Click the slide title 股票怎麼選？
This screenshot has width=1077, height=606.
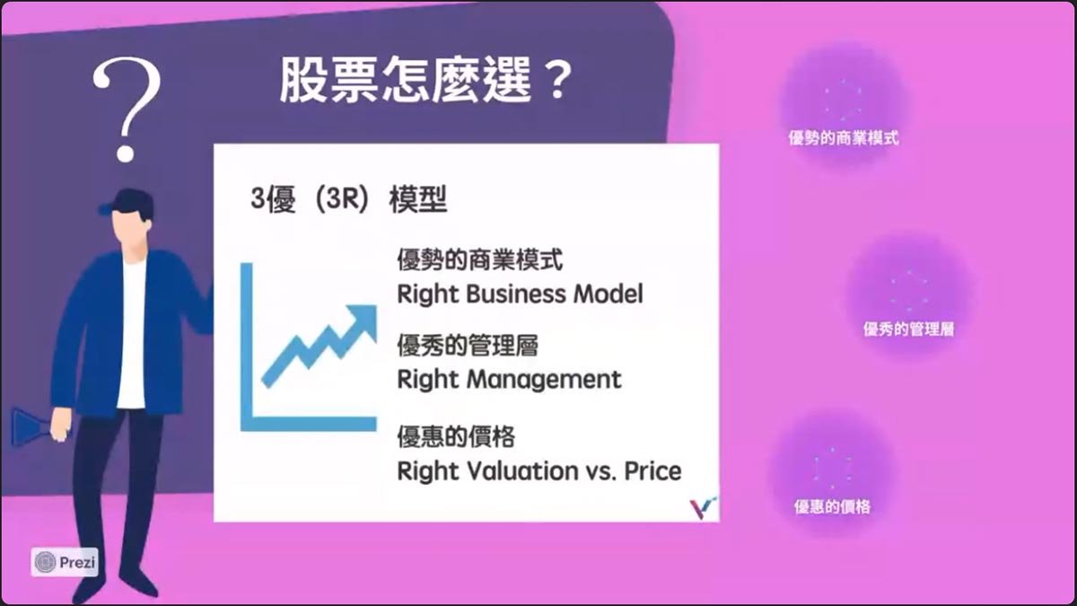click(426, 79)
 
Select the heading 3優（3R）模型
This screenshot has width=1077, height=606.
click(349, 198)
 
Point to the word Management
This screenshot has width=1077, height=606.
click(544, 380)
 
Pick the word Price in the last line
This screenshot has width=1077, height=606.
click(652, 470)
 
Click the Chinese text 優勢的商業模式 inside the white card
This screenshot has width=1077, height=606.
click(479, 259)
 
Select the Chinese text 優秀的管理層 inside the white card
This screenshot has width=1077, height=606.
click(468, 345)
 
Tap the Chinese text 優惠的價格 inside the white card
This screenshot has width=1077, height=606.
click(456, 436)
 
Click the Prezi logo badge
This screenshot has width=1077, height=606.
click(65, 562)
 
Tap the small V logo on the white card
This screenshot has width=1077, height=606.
click(703, 507)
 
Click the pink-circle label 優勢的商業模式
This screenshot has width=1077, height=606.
click(844, 138)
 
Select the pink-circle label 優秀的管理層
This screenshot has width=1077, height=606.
click(908, 329)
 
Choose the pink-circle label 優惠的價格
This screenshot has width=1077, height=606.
click(832, 506)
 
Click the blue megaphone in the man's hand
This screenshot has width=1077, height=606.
click(31, 427)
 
